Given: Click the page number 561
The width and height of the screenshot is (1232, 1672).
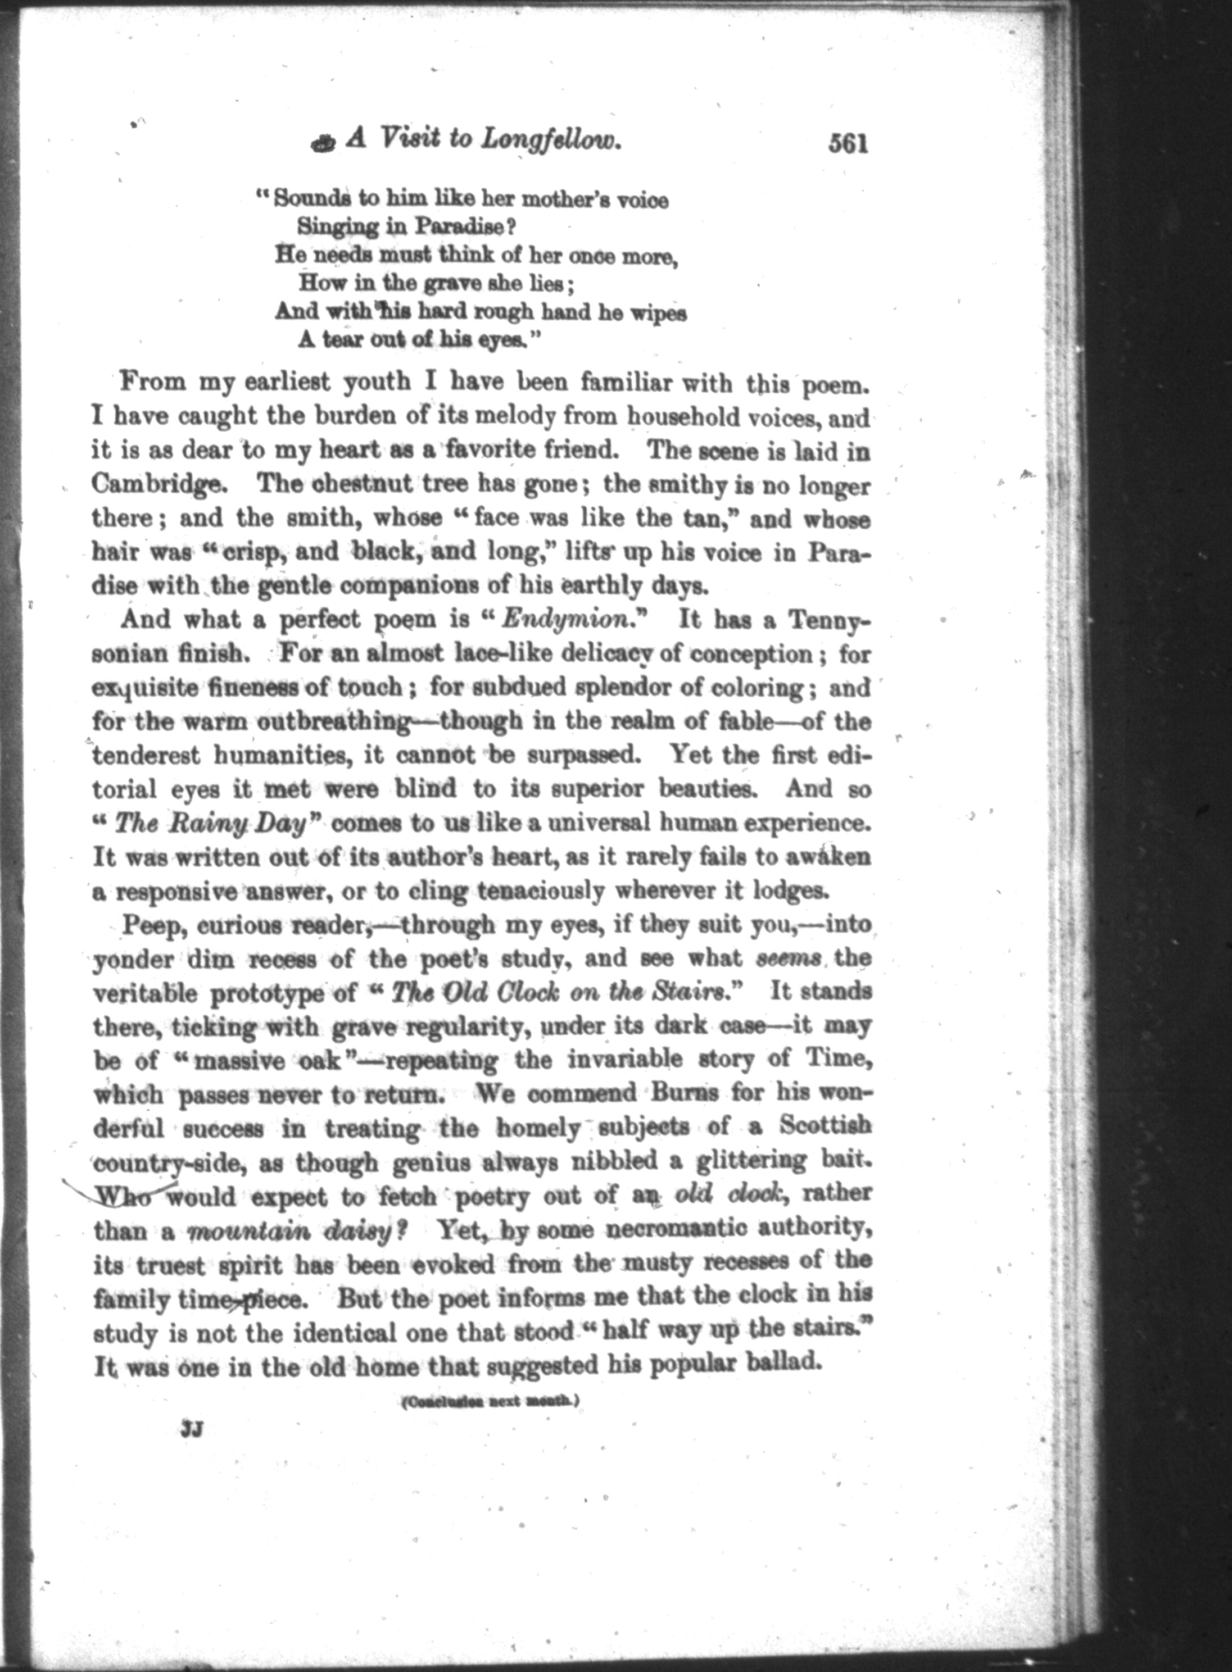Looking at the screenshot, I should (848, 142).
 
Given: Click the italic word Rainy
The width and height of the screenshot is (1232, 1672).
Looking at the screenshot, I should (196, 824).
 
